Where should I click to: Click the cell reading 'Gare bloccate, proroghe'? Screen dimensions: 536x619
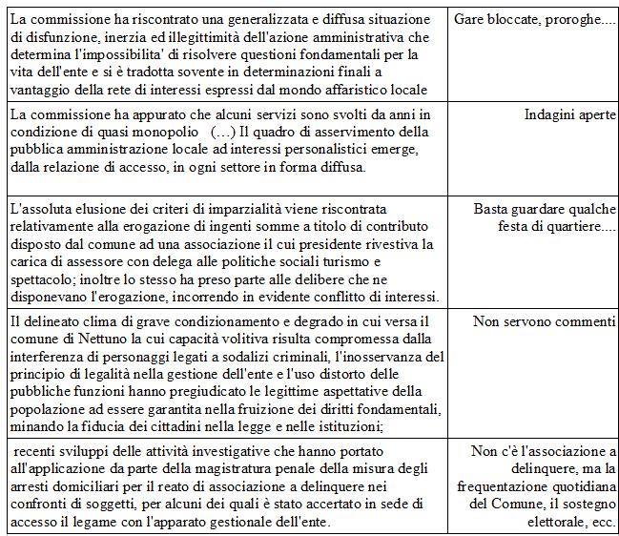(535, 19)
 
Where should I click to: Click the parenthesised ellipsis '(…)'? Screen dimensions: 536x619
(224, 132)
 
